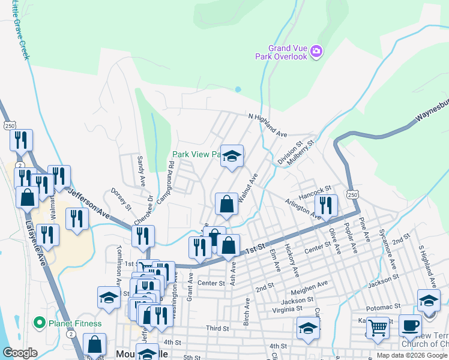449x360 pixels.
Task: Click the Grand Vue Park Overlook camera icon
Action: tap(316, 52)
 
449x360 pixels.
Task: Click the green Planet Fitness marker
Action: tap(40, 323)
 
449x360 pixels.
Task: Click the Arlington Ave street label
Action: tap(303, 208)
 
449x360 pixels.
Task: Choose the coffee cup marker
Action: tap(410, 325)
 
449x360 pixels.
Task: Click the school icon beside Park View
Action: tap(232, 157)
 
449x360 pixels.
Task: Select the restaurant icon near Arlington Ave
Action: tap(326, 205)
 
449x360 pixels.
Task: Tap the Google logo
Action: tap(20, 353)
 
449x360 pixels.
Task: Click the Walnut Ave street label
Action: tap(248, 187)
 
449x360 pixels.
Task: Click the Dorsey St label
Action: tap(121, 200)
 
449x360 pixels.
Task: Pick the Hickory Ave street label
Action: tap(292, 259)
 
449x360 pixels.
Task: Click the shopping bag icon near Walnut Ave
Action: tap(227, 204)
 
